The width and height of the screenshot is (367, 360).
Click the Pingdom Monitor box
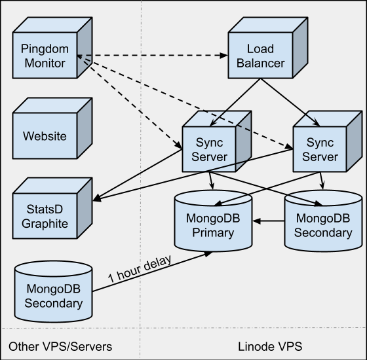coord(52,48)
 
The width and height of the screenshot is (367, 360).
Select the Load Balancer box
coord(268,48)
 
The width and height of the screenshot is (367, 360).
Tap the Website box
coord(52,128)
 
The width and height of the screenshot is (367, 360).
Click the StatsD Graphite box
coord(52,208)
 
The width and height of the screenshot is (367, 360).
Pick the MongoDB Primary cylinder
coord(213,221)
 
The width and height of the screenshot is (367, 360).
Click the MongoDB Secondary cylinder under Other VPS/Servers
coord(53,291)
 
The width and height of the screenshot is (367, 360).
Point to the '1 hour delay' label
coord(140,269)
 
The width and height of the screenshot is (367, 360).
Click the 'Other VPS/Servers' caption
coord(60,346)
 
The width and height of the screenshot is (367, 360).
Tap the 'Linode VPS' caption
coord(270,346)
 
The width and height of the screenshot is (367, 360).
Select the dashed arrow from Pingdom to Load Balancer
coord(152,56)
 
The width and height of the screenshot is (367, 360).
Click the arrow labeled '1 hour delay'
coord(152,272)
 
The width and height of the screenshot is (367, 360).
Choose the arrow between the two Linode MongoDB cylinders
coord(269,221)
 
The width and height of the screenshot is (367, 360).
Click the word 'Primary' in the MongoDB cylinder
coord(213,233)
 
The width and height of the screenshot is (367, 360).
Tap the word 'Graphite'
coord(45,224)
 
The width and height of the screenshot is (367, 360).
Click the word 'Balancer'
coord(261,63)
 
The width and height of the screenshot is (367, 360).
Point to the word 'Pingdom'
coord(45,49)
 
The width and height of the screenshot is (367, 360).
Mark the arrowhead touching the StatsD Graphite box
coord(97,198)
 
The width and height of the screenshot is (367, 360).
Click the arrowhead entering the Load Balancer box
coord(223,56)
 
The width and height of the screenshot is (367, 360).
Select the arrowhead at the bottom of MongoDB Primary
coord(208,254)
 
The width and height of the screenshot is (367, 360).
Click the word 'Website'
coord(45,136)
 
